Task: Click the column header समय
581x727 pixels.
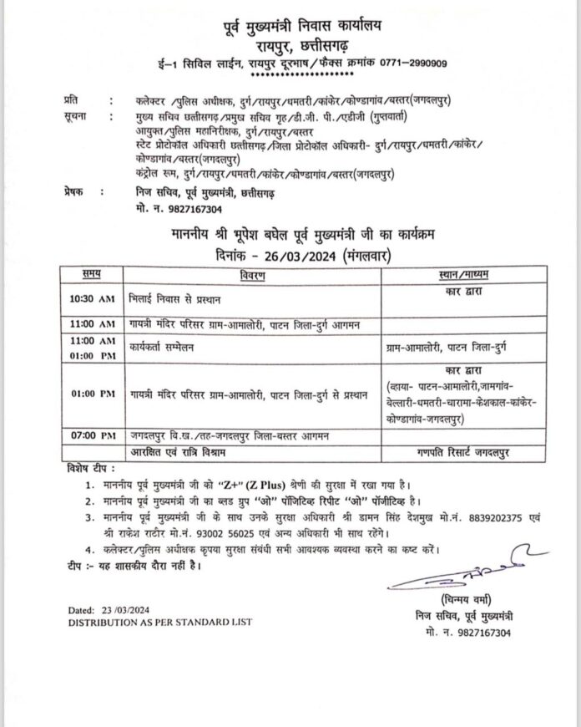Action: click(93, 273)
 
